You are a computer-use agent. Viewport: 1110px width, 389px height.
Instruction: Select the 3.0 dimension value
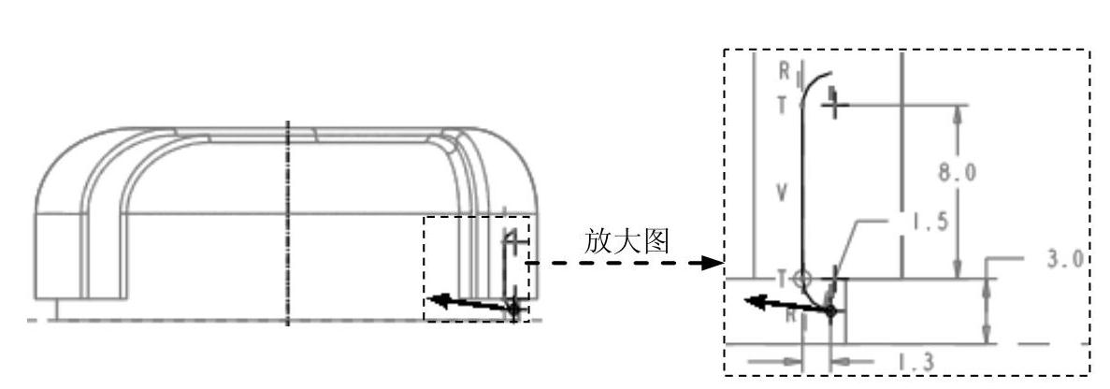coord(1066,258)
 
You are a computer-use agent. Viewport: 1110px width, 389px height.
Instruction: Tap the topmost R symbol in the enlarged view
coord(784,70)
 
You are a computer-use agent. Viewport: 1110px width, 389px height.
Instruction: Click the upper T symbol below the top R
coord(784,105)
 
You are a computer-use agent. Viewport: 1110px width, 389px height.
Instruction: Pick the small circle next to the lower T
coord(803,278)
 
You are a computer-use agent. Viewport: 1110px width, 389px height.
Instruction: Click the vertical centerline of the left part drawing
coord(288,224)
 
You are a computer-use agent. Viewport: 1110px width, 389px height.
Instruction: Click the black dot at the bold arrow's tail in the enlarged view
coord(830,310)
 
